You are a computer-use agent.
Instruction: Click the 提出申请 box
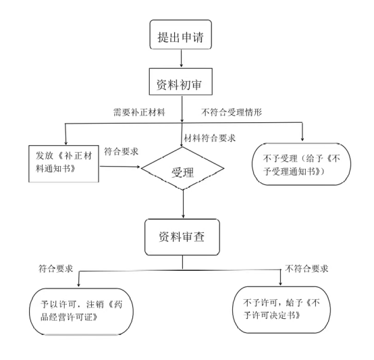pyautogui.click(x=180, y=34)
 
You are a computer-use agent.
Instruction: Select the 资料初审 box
pyautogui.click(x=180, y=82)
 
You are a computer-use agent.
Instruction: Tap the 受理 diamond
pyautogui.click(x=182, y=168)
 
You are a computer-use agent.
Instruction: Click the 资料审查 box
pyautogui.click(x=182, y=237)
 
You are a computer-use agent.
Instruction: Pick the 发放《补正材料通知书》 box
pyautogui.click(x=63, y=163)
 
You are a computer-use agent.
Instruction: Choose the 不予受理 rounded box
pyautogui.click(x=302, y=164)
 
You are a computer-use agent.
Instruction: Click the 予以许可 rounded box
pyautogui.click(x=81, y=311)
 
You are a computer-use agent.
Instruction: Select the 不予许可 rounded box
pyautogui.click(x=282, y=309)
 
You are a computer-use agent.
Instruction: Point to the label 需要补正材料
pyautogui.click(x=139, y=112)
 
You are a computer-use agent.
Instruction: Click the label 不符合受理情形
pyautogui.click(x=232, y=112)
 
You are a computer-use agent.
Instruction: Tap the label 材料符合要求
pyautogui.click(x=210, y=138)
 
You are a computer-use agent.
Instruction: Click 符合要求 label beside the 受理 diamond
pyautogui.click(x=121, y=151)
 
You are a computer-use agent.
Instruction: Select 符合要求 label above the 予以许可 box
pyautogui.click(x=55, y=269)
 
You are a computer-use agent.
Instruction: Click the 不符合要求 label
pyautogui.click(x=306, y=269)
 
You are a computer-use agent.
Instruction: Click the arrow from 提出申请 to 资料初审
pyautogui.click(x=182, y=58)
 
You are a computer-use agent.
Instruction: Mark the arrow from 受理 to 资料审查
pyautogui.click(x=183, y=204)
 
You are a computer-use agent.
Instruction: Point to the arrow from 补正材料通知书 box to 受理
pyautogui.click(x=120, y=167)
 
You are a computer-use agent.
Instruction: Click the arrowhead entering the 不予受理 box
pyautogui.click(x=302, y=139)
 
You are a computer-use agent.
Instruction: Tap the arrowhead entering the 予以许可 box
pyautogui.click(x=79, y=284)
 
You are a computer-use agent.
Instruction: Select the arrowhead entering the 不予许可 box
pyautogui.click(x=281, y=283)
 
